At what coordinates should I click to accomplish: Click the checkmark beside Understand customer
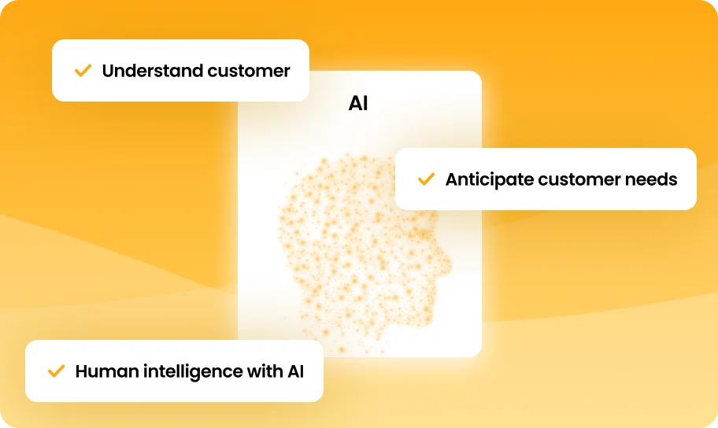tap(83, 71)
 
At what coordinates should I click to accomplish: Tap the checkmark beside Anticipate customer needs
tap(426, 179)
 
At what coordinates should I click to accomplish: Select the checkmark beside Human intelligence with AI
tap(57, 371)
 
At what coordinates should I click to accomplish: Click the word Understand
tap(153, 71)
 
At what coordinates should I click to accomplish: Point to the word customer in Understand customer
tap(249, 72)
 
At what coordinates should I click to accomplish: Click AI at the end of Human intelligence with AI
tap(296, 371)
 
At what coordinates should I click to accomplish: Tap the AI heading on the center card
tap(358, 103)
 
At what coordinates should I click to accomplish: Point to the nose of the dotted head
tap(446, 264)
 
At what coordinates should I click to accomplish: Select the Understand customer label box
tap(180, 71)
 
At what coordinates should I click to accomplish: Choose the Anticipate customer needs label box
tap(546, 179)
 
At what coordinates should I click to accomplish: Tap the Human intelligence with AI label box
tap(174, 371)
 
